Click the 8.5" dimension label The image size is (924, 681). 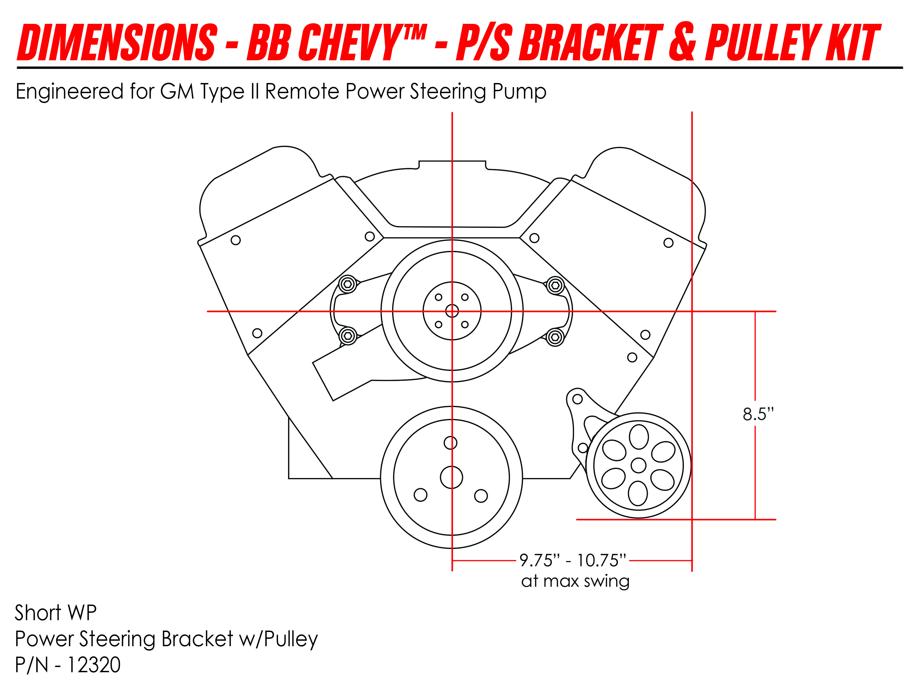pyautogui.click(x=758, y=414)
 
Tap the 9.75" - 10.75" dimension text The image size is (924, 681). pyautogui.click(x=573, y=561)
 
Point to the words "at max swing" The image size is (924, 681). pyautogui.click(x=575, y=581)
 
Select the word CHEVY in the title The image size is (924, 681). pyautogui.click(x=348, y=42)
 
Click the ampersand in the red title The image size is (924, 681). pyautogui.click(x=683, y=42)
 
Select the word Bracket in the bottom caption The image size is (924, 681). pyautogui.click(x=198, y=639)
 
